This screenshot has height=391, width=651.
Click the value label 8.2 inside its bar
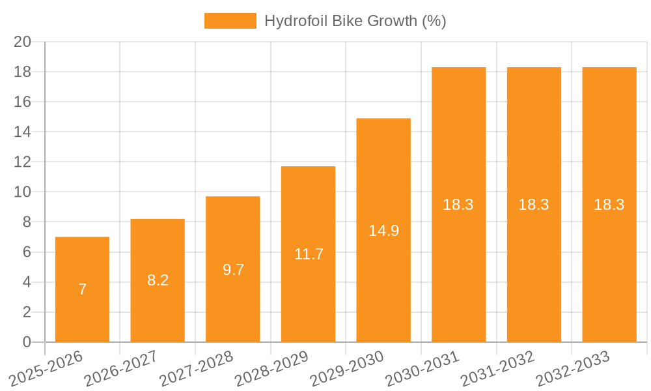(x=158, y=280)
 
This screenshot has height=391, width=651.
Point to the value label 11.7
(x=309, y=254)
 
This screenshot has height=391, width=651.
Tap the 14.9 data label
(x=383, y=230)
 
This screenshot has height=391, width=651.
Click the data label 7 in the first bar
(x=82, y=289)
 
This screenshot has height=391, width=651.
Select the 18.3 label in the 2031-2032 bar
(x=534, y=205)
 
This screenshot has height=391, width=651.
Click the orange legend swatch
(x=230, y=21)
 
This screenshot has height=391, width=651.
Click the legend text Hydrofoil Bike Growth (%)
(x=355, y=21)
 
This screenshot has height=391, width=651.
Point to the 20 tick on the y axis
(x=23, y=42)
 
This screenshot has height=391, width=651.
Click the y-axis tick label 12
(x=23, y=162)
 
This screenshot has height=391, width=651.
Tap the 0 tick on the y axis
(x=27, y=342)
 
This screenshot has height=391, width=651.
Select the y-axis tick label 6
(x=27, y=252)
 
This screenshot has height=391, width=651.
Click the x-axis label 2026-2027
(x=121, y=368)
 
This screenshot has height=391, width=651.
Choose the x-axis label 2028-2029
(x=271, y=368)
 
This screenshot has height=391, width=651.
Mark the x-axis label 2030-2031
(x=422, y=368)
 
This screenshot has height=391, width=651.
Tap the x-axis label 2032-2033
(x=572, y=368)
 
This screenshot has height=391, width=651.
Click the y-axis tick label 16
(x=23, y=102)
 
